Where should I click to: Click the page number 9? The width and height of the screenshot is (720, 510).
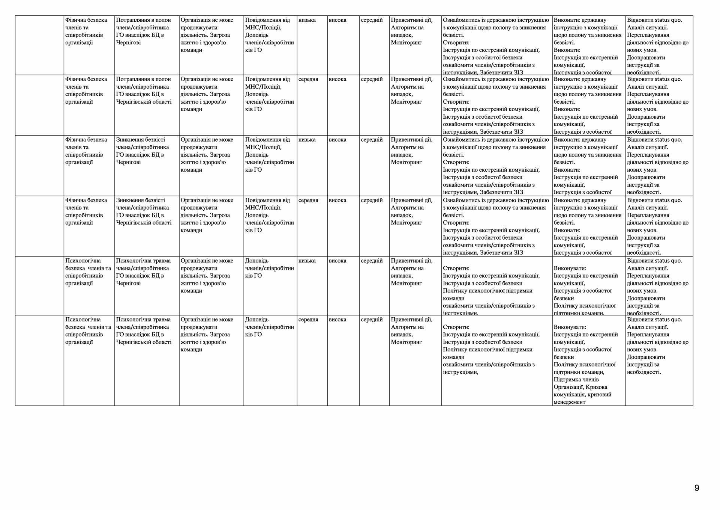pyautogui.click(x=697, y=488)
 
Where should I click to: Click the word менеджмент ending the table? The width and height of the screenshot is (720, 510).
pyautogui.click(x=569, y=402)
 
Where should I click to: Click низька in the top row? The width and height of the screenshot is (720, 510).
pyautogui.click(x=307, y=20)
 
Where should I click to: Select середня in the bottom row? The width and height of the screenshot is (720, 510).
pyautogui.click(x=308, y=320)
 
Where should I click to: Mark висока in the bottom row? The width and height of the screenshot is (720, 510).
pyautogui.click(x=337, y=320)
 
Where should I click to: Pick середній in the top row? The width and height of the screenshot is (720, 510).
pyautogui.click(x=371, y=20)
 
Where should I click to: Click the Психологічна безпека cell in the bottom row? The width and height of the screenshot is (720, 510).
pyautogui.click(x=88, y=331)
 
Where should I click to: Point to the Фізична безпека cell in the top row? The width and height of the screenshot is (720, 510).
pyautogui.click(x=86, y=31)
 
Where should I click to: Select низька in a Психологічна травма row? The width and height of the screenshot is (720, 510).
pyautogui.click(x=307, y=261)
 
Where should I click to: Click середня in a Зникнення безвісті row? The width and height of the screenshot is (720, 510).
pyautogui.click(x=308, y=200)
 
